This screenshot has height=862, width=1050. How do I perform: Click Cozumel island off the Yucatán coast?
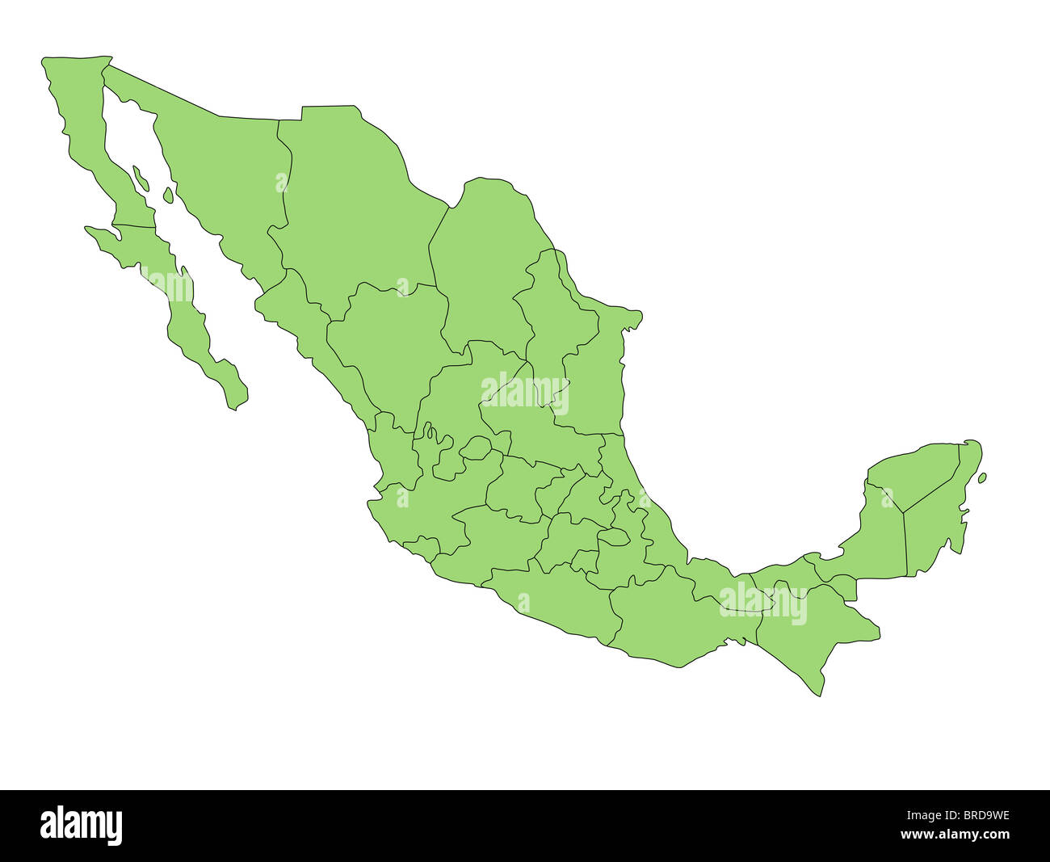click(x=981, y=478)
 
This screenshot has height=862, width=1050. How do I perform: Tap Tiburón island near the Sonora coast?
click(x=168, y=195)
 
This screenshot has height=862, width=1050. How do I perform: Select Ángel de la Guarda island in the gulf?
click(x=141, y=178)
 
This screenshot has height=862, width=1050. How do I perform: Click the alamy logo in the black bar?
click(x=81, y=826)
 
